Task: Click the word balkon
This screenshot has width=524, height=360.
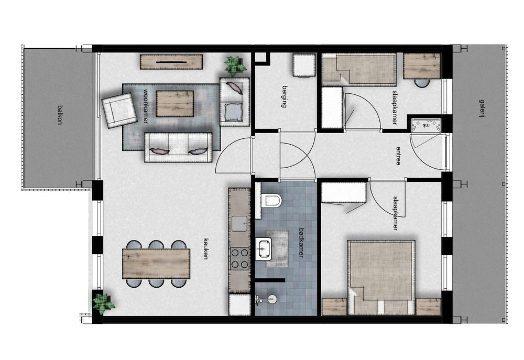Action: coord(60,115)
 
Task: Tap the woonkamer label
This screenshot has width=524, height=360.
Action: coord(146,106)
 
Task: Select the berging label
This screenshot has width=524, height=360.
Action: coord(285,96)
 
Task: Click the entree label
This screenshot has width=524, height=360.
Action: coord(398,156)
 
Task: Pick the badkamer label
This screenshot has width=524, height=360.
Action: coord(301,242)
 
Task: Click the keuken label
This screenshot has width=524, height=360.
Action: coord(206,248)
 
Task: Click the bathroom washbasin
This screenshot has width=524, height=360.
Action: coord(264,249)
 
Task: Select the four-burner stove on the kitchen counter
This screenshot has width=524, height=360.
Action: coord(239,258)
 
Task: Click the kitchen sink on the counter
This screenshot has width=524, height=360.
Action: coord(239,223)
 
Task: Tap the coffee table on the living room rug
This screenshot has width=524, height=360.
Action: coord(175,104)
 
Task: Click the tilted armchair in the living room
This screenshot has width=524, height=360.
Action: coord(119,111)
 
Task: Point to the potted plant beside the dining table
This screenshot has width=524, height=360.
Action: coord(104,303)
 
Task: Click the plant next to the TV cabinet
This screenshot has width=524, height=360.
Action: coord(235,66)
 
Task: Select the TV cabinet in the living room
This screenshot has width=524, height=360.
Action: coord(171,62)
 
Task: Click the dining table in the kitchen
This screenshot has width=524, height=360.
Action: coord(156,264)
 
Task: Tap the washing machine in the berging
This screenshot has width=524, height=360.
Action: coord(304,65)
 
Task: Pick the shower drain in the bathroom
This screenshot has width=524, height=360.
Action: coord(271,299)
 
